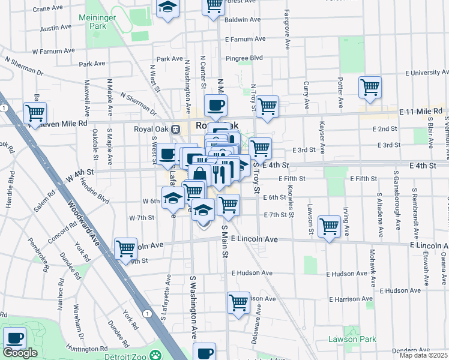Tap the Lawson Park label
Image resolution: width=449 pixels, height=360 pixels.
[x=352, y=339]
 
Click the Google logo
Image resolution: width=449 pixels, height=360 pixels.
[x=20, y=353]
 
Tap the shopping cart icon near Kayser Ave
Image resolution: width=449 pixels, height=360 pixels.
[x=329, y=227]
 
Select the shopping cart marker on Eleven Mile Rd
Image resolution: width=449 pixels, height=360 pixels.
[x=35, y=113]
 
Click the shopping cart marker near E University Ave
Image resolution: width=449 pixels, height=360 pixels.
[x=370, y=88]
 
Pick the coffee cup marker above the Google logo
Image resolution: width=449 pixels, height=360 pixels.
[x=14, y=338]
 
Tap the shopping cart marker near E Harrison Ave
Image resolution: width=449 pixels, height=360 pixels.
[x=238, y=302]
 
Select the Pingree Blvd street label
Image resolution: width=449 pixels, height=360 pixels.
[x=244, y=58]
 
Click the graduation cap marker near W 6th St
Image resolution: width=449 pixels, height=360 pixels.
[x=173, y=198]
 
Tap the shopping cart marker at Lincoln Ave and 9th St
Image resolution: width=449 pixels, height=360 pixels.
[x=125, y=248]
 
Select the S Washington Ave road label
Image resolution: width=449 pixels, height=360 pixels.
[x=194, y=305]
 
